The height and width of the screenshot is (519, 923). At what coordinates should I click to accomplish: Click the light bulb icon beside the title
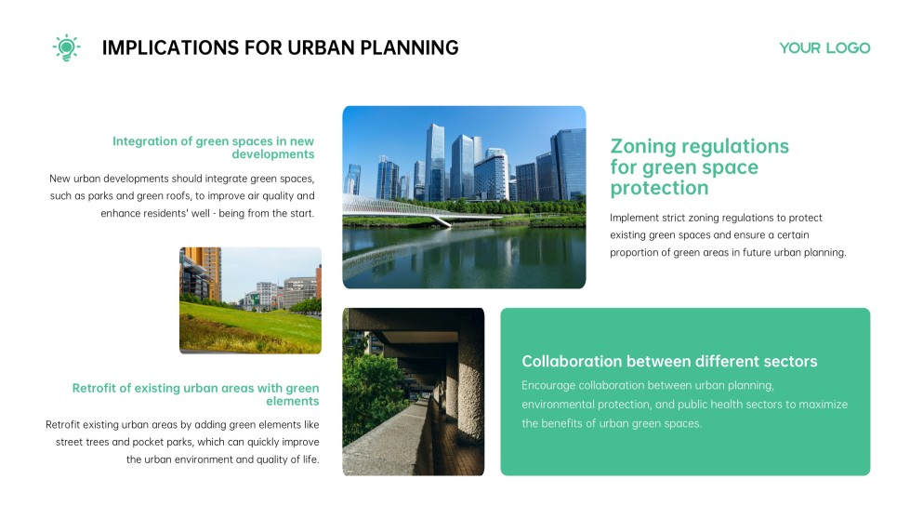coord(66,47)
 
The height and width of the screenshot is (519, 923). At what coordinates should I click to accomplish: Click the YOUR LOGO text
coord(824,47)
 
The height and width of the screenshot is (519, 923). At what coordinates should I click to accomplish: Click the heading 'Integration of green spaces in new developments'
coord(214,148)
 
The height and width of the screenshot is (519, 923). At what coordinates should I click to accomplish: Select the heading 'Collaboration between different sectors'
coord(669,361)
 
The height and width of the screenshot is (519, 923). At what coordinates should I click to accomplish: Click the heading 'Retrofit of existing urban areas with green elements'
coord(196,394)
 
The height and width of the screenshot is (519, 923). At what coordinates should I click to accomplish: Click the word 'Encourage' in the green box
coord(547,385)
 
